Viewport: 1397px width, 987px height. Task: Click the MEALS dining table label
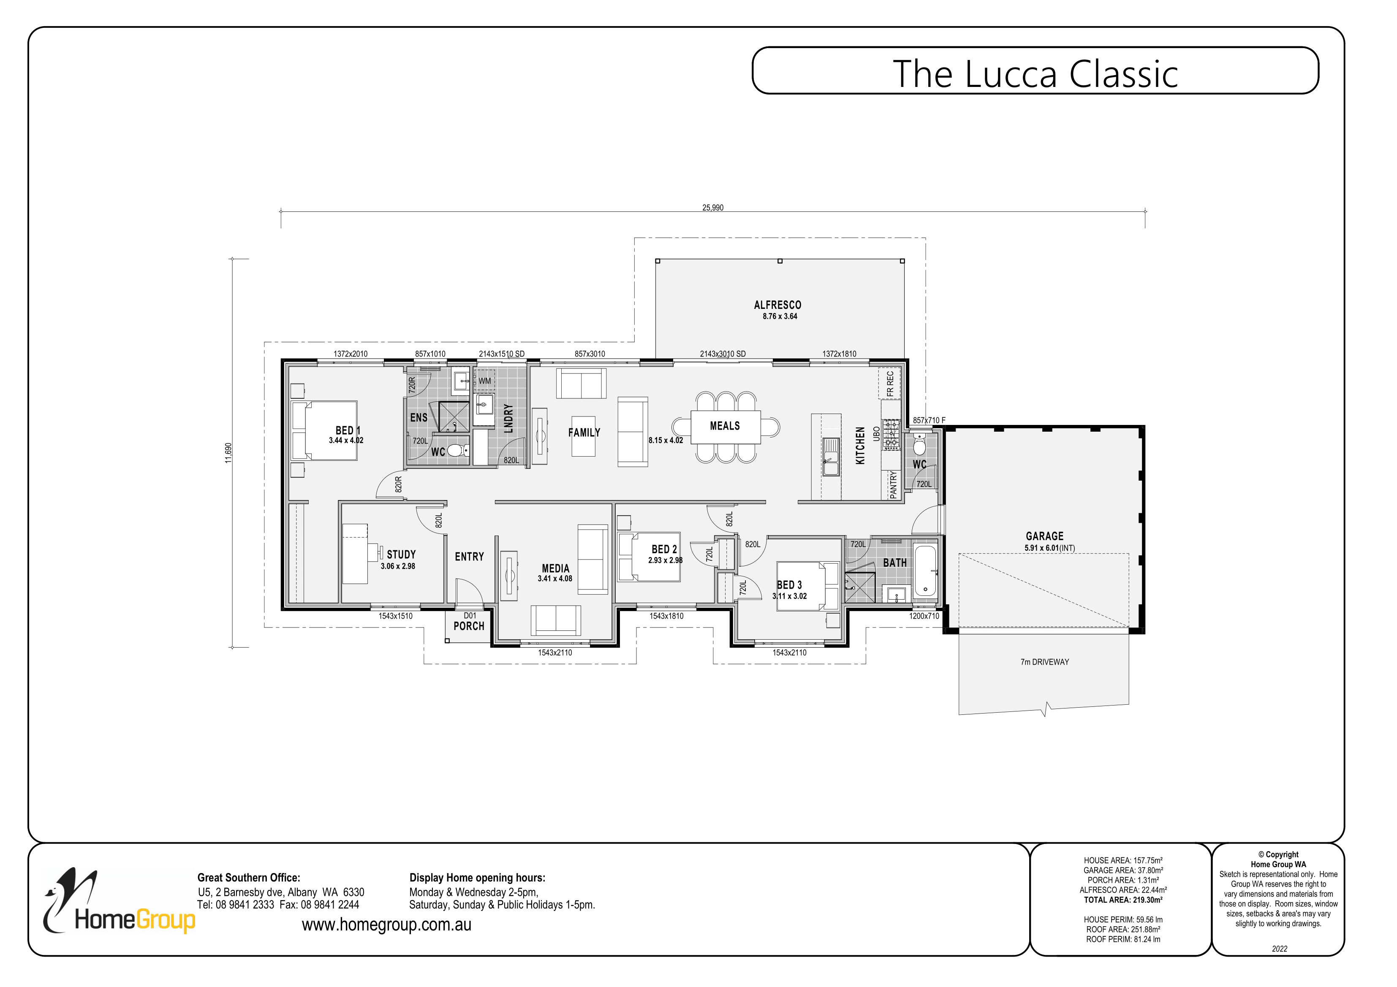(x=725, y=426)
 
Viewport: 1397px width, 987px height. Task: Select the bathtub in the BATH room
(x=925, y=569)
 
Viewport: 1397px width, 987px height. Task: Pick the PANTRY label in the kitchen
(x=893, y=485)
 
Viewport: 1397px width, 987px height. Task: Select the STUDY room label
(x=401, y=554)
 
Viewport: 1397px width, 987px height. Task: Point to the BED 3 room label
(x=789, y=584)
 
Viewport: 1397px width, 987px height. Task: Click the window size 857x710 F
(x=929, y=420)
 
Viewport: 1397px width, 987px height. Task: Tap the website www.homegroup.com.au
(x=386, y=925)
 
